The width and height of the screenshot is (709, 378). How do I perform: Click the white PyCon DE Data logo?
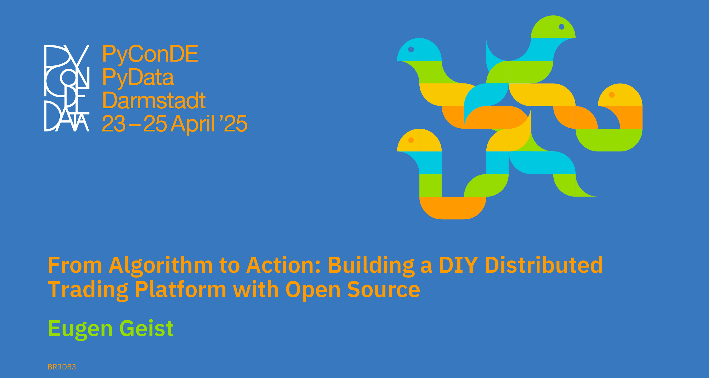coord(67,88)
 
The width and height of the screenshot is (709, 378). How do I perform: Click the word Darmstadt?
coord(154,100)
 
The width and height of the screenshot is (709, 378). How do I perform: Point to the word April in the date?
coord(192,124)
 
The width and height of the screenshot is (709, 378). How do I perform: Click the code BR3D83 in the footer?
coord(62,367)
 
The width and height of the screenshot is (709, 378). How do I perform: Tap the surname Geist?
coord(146,328)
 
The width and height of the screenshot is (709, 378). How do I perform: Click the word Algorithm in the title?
coord(161,266)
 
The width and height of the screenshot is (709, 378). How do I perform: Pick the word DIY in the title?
coord(458,265)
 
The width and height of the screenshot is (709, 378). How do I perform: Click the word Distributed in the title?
coord(544,265)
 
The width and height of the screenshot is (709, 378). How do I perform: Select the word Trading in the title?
coord(88,290)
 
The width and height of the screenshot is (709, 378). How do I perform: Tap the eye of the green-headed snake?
coord(561,27)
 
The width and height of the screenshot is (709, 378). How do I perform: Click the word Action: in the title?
coord(284,265)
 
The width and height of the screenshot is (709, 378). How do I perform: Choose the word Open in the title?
coord(313,290)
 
